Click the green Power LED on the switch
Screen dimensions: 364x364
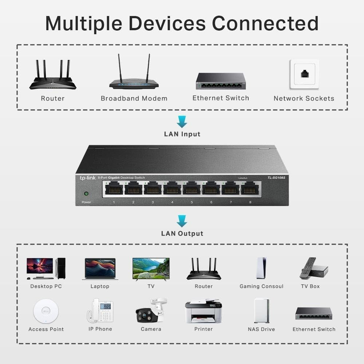[86, 194]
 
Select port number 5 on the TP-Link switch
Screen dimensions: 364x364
[191, 188]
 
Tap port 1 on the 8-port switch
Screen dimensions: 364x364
[114, 188]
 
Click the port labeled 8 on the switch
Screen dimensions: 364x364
[250, 188]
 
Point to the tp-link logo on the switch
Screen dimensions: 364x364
[87, 178]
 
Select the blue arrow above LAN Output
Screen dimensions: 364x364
[182, 221]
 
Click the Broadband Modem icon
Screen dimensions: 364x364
[134, 75]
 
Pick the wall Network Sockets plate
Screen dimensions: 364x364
[304, 74]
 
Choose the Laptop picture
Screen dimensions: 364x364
[100, 269]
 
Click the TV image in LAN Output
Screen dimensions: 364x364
[151, 269]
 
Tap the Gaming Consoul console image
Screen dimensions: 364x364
[261, 268]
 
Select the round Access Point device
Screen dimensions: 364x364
[46, 310]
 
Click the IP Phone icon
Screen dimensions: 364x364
[100, 310]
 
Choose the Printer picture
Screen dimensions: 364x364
[203, 311]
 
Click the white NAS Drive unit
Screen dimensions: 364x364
[261, 310]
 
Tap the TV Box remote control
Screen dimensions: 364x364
[307, 268]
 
